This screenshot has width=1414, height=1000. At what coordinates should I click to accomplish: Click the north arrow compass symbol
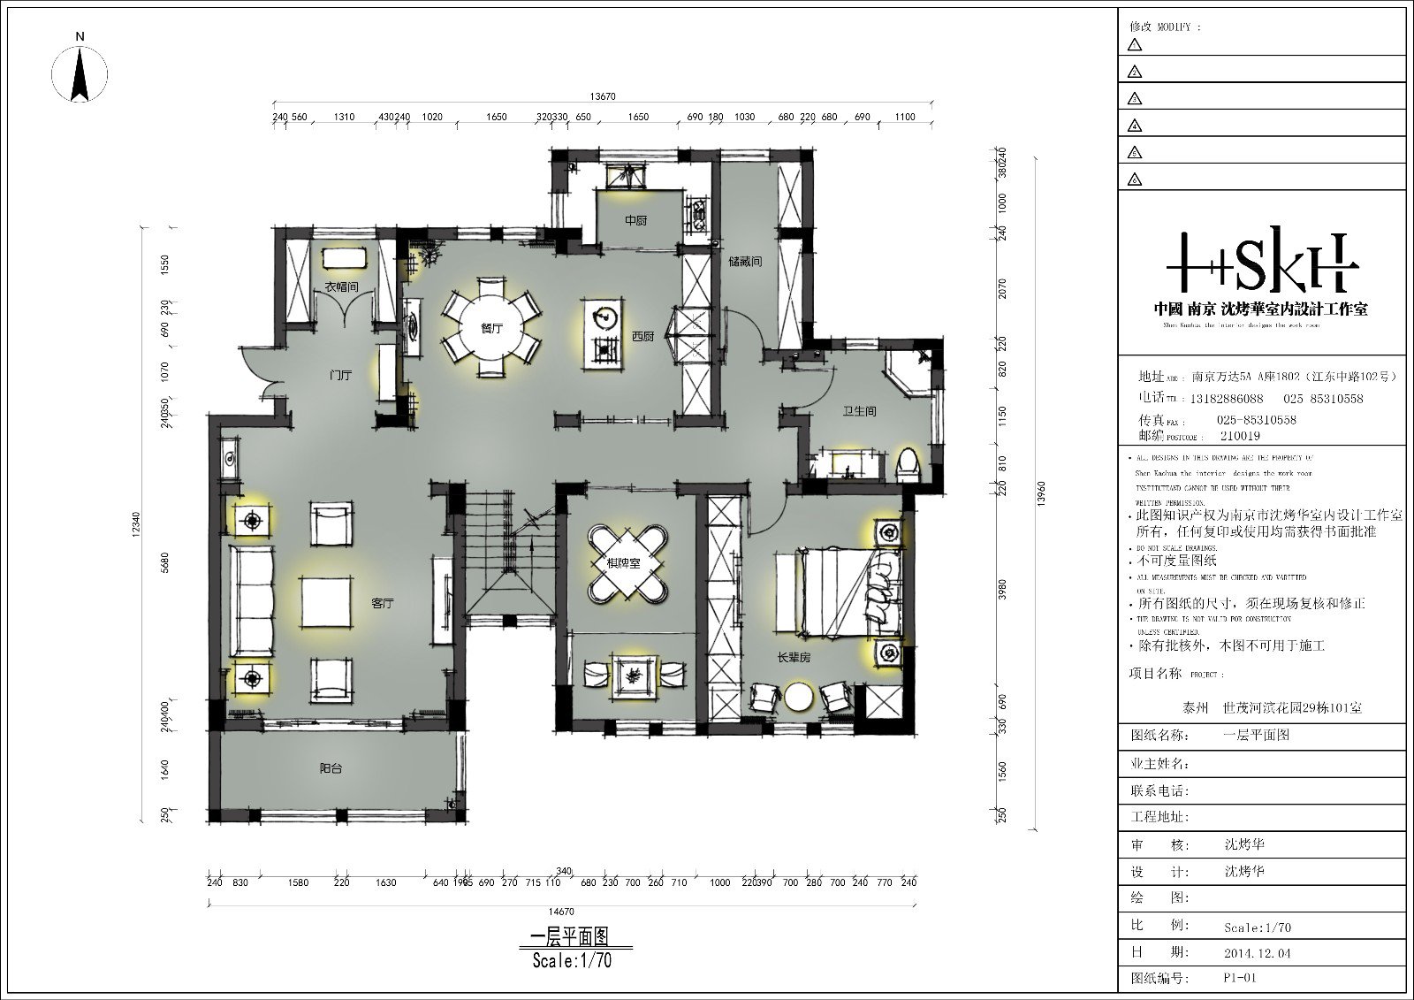(x=80, y=71)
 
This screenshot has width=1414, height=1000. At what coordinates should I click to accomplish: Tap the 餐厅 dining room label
(x=491, y=328)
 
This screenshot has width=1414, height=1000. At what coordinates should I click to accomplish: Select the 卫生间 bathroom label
(x=859, y=411)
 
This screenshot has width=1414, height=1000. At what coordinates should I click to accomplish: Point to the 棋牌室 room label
(x=623, y=562)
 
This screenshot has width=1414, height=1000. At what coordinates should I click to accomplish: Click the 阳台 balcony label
(x=331, y=769)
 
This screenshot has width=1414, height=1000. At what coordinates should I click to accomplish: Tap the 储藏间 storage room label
(x=745, y=263)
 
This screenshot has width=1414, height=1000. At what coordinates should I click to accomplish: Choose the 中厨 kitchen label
(x=635, y=220)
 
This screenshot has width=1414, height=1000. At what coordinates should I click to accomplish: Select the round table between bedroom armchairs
(x=800, y=696)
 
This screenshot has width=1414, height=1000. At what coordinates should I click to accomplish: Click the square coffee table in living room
(x=327, y=601)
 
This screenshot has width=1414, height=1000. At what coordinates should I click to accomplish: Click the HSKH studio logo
(x=1261, y=263)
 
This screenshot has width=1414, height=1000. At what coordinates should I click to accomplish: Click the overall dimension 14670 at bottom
(x=561, y=912)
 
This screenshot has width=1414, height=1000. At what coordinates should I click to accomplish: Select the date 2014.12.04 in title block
(x=1252, y=953)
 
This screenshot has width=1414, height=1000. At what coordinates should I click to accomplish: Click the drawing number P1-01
(x=1240, y=978)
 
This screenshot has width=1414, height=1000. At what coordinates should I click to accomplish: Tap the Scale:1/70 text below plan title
(x=572, y=961)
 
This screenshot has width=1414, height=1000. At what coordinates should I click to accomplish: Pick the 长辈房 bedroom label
(x=794, y=659)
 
